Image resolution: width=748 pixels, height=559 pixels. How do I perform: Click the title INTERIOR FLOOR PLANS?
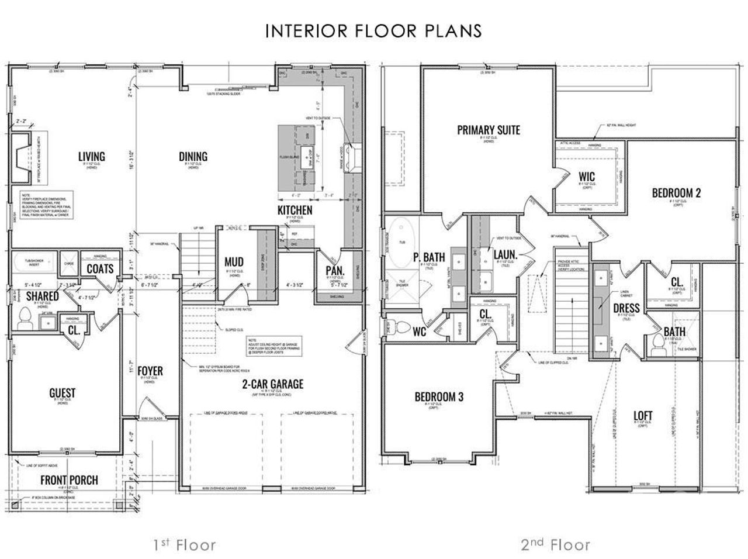point(373,30)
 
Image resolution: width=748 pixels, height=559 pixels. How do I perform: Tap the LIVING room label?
point(92,156)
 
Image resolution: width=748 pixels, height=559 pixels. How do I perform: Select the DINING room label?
point(193,156)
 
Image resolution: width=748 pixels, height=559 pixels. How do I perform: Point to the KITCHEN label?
point(295,210)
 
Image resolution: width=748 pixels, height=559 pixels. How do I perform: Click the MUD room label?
point(234,262)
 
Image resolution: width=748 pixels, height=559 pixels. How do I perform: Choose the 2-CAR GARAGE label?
point(273,384)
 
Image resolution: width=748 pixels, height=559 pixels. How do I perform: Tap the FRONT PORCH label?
point(69,480)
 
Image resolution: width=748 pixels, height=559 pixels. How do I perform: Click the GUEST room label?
point(62,393)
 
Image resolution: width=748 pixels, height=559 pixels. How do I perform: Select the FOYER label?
point(150,371)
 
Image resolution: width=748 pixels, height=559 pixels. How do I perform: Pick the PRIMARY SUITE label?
point(489,130)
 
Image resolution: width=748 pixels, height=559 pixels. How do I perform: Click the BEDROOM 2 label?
point(676,192)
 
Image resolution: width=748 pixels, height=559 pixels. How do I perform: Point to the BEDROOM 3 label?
point(439,397)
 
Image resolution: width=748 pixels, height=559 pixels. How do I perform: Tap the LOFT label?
point(643,416)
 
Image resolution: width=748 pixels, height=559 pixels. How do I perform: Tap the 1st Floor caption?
point(185,546)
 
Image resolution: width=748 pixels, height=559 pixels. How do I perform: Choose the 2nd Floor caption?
point(555,546)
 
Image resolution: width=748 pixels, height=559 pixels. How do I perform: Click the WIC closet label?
point(587,176)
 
